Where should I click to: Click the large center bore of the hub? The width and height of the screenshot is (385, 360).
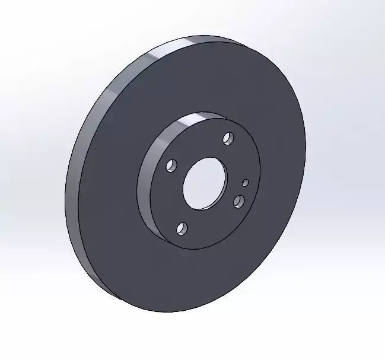tap(205, 183)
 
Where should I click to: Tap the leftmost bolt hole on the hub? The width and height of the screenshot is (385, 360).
tap(172, 165)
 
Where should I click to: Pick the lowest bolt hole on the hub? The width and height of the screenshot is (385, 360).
tap(182, 228)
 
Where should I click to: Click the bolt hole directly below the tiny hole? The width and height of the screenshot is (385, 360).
tap(239, 202)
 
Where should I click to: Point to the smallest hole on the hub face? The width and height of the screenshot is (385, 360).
tap(246, 183)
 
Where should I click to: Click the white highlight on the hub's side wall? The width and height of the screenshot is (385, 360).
tap(193, 120)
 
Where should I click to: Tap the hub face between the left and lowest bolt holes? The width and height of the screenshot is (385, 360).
tap(169, 199)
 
